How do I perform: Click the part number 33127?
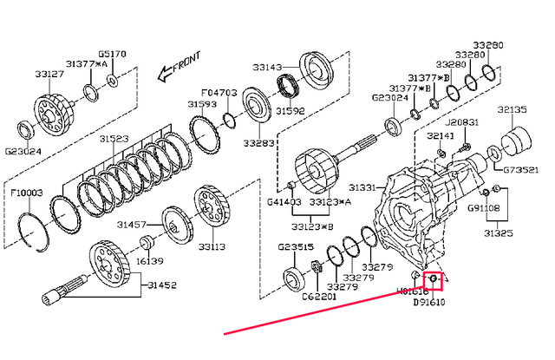click(x=49, y=75)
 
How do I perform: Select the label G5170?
click(x=112, y=54)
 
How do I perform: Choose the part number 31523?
click(x=113, y=139)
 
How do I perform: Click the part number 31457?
click(x=130, y=225)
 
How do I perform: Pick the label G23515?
click(x=296, y=247)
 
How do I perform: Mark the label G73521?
click(x=522, y=169)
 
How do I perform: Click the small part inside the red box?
click(x=431, y=279)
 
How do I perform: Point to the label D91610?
click(x=430, y=304)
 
